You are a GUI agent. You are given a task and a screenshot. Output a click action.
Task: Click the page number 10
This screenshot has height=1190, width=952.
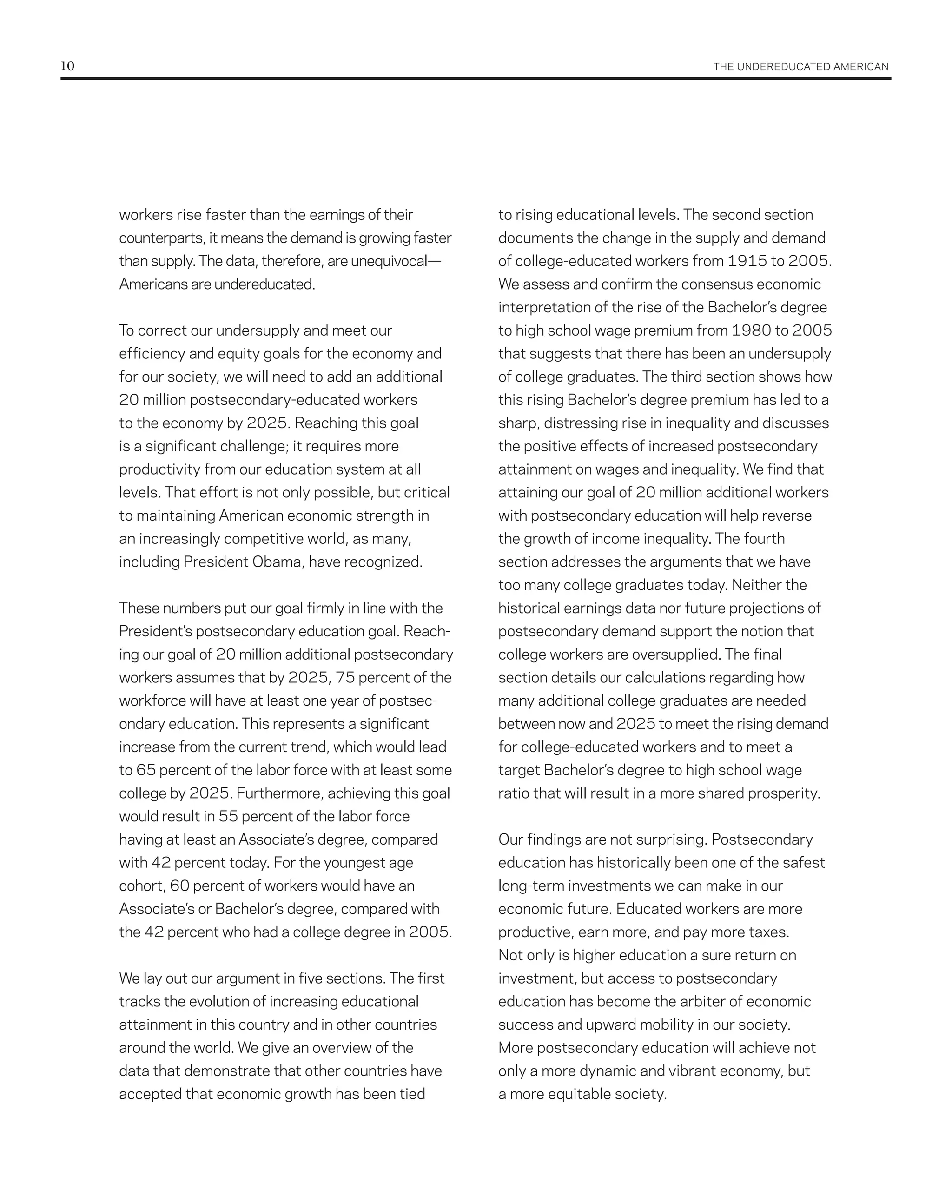click(x=67, y=66)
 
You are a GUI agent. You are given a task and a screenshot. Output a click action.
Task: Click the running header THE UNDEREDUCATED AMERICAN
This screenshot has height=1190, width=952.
click(x=800, y=67)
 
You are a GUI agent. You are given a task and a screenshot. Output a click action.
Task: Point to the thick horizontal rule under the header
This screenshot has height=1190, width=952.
click(x=475, y=79)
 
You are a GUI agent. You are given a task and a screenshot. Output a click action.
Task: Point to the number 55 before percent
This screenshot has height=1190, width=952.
click(x=228, y=816)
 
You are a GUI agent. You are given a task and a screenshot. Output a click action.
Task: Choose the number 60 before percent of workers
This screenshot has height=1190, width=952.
click(x=179, y=886)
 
